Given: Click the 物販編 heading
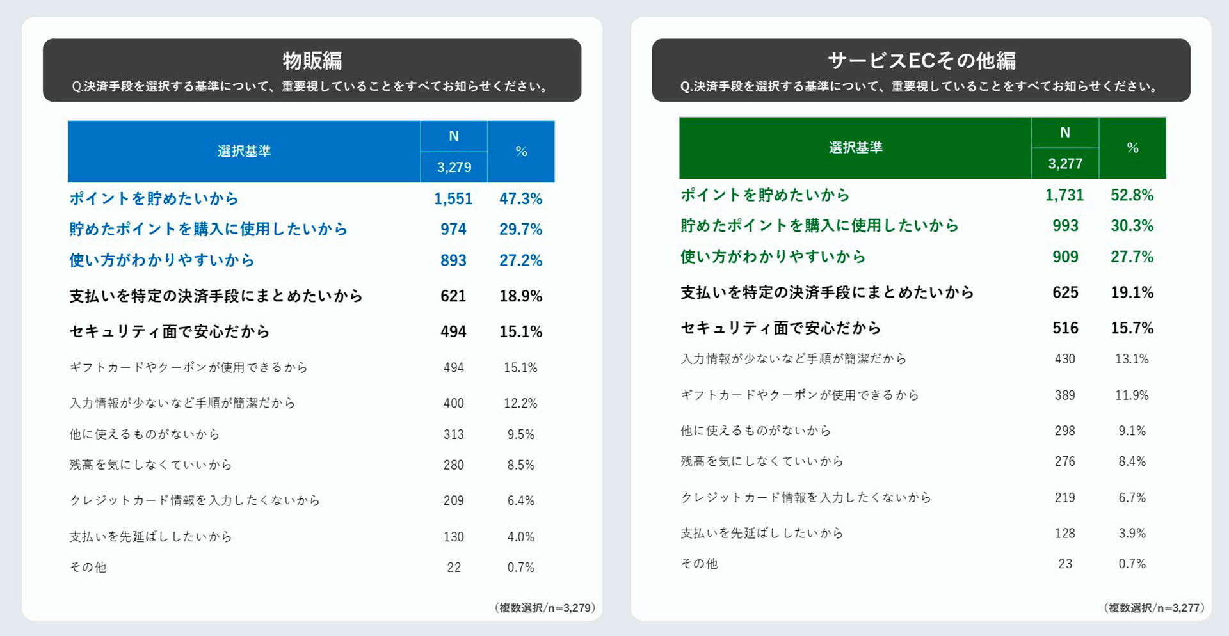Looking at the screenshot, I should pyautogui.click(x=312, y=61).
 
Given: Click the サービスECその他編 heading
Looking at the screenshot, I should pyautogui.click(x=921, y=61).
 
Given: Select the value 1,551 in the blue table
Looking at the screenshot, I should pyautogui.click(x=453, y=199).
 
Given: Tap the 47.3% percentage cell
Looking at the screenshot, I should pyautogui.click(x=520, y=199).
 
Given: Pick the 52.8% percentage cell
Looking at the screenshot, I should pyautogui.click(x=1132, y=195).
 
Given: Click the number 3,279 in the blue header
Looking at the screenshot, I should pyautogui.click(x=454, y=168).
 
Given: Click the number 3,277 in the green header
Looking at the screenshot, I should pyautogui.click(x=1065, y=164).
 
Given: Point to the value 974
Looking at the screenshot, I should pyautogui.click(x=453, y=229).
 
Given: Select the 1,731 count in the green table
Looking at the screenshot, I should pyautogui.click(x=1064, y=195).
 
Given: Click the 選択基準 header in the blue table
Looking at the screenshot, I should pyautogui.click(x=244, y=152).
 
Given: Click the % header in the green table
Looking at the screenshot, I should pyautogui.click(x=1132, y=148).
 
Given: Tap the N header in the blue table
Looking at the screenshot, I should pyautogui.click(x=454, y=136).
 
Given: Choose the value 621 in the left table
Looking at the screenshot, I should pyautogui.click(x=453, y=296).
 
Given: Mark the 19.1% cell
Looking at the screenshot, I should pyautogui.click(x=1132, y=292).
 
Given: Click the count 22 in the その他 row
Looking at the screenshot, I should pyautogui.click(x=454, y=568).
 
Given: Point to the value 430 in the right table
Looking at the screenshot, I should pyautogui.click(x=1065, y=359).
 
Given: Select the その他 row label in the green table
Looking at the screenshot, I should pyautogui.click(x=699, y=564).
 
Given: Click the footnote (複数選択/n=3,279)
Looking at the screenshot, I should pyautogui.click(x=545, y=608).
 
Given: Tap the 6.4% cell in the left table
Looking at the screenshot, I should pyautogui.click(x=520, y=500).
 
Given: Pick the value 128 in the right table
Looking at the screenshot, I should pyautogui.click(x=1065, y=533).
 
